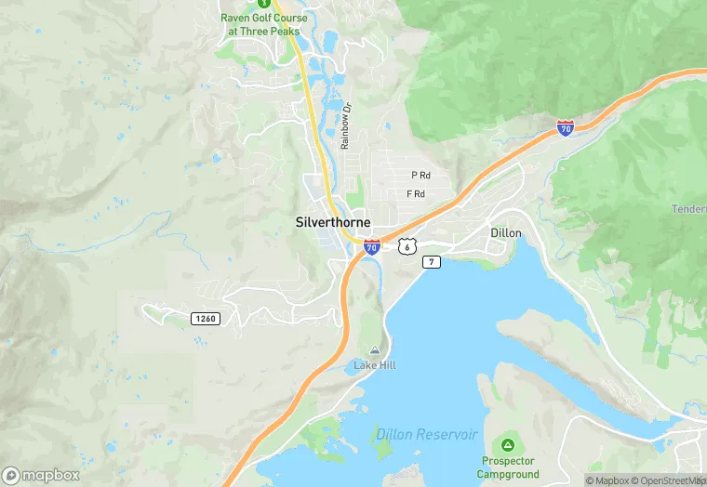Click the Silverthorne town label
coord(332,223)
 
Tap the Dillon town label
coord(506,232)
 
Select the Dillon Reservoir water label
coord(427,435)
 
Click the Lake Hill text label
coord(374,365)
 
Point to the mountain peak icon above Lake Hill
coord(374,350)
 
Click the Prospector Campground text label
coord(508,467)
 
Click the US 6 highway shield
coord(407,246)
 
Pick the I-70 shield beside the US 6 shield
coord(372,247)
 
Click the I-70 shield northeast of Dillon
coord(565,128)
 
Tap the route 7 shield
coord(431,262)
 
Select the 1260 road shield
coord(205,319)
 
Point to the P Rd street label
coord(420,175)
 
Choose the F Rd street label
coord(416,194)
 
